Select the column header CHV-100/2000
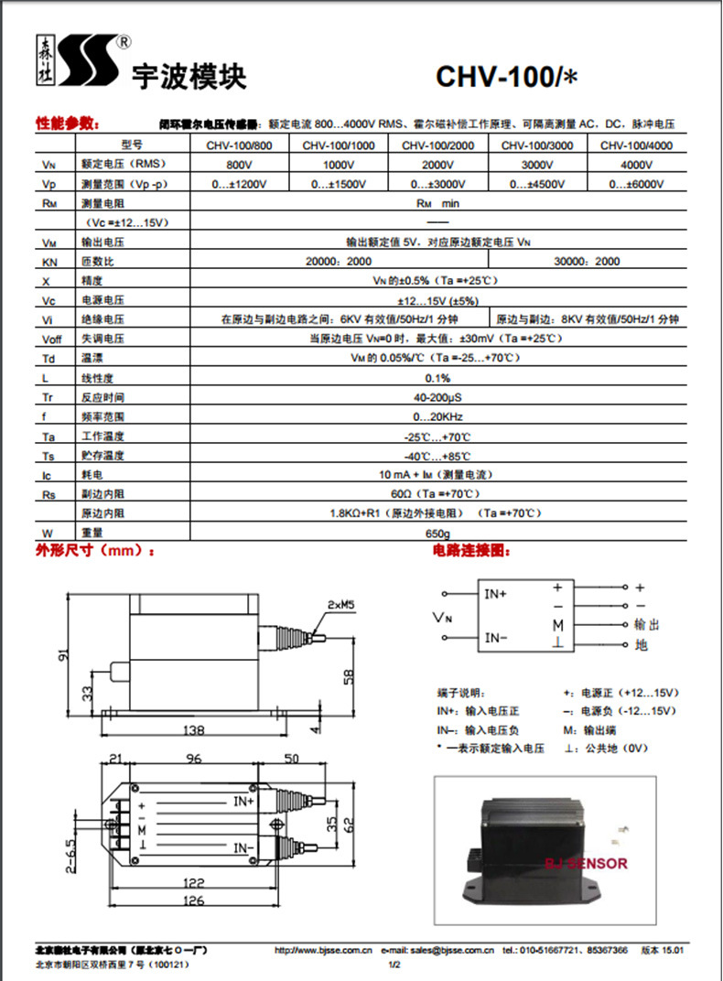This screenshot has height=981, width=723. pos(437,146)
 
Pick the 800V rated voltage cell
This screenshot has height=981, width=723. pos(239,165)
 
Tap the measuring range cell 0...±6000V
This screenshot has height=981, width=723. pos(636,184)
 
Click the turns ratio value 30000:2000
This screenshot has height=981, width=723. pos(587,262)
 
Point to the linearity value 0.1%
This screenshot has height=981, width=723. pos(437,378)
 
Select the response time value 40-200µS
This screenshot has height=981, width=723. pos(437,397)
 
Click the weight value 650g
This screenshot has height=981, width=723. pos(437,533)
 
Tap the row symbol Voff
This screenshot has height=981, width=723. pos(51,339)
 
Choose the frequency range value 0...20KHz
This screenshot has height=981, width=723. pos(437,416)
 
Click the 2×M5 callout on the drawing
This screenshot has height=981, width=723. pos(340,605)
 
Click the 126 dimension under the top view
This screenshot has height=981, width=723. pos(192,900)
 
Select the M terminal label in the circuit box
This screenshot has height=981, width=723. pos(556,625)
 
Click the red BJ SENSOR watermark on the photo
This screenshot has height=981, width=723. pos(586,863)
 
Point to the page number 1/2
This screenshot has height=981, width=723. pos(395,965)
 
